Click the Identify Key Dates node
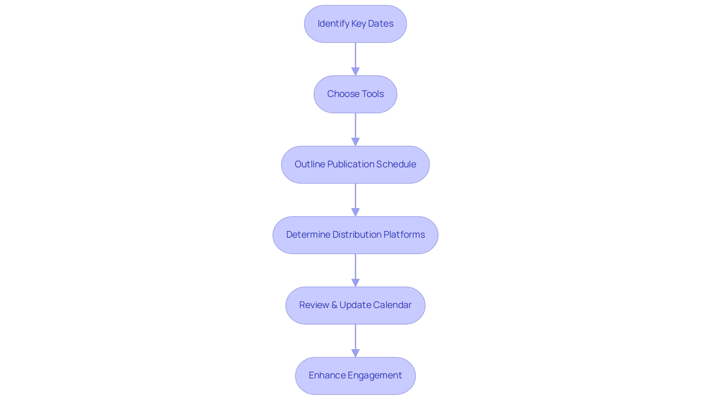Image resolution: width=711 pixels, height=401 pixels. tap(355, 24)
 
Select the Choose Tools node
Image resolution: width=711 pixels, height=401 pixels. tap(355, 94)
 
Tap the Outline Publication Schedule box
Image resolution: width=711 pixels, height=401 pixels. tap(355, 164)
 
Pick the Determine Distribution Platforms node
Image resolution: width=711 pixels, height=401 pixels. tap(355, 235)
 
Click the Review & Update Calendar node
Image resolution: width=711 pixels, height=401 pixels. tap(355, 305)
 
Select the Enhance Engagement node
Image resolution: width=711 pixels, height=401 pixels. tap(355, 375)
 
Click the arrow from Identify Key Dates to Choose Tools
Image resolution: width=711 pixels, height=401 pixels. tap(355, 57)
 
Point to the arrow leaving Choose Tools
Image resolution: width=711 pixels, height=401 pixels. tap(355, 128)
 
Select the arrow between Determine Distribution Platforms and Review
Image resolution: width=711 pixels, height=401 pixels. tap(355, 268)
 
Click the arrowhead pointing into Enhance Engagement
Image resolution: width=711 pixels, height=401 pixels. tap(355, 353)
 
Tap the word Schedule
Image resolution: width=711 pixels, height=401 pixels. tap(396, 164)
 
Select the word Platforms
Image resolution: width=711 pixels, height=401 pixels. tap(404, 235)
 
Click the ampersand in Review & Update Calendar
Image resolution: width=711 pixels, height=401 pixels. tap(334, 305)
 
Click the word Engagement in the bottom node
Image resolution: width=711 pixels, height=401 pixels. tap(374, 375)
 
